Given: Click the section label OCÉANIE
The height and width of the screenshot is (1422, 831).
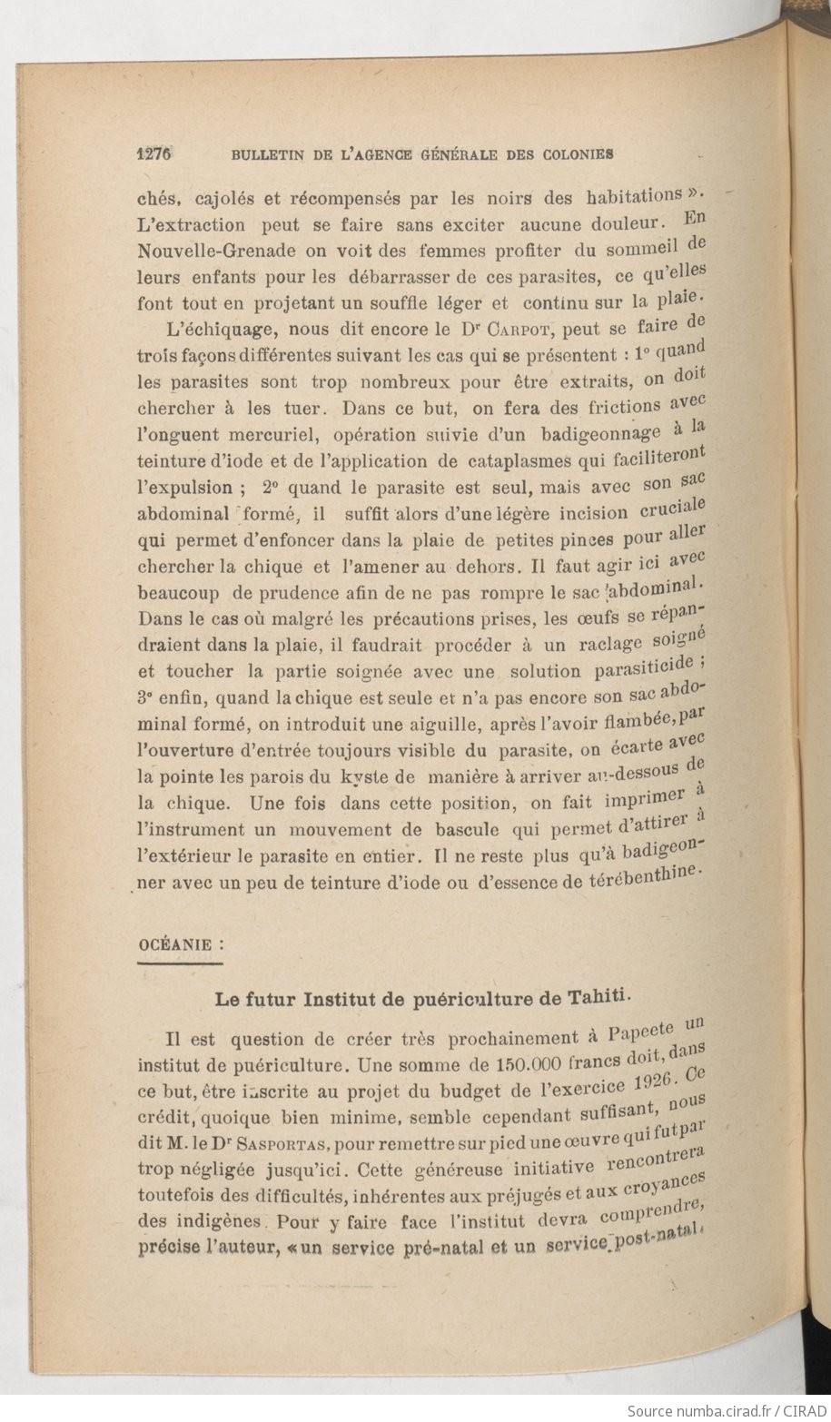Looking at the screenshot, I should [x=174, y=943].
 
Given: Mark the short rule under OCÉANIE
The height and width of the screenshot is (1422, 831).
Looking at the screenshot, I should [x=180, y=963].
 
